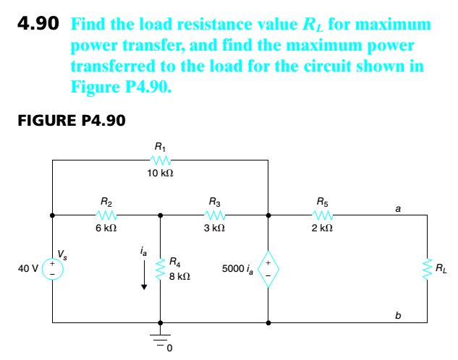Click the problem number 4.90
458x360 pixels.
click(x=38, y=24)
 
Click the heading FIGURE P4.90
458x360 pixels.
click(x=71, y=121)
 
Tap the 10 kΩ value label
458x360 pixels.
click(x=159, y=174)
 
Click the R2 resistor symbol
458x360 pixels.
click(x=106, y=215)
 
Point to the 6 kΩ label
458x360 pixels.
click(x=106, y=228)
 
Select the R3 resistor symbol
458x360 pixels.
click(x=215, y=215)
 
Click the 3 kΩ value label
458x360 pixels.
click(x=215, y=228)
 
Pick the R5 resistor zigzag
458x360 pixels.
click(x=322, y=215)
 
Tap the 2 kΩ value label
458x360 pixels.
click(x=322, y=228)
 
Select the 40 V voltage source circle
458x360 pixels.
click(x=52, y=268)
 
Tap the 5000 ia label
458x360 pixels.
click(x=238, y=269)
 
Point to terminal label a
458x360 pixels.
click(x=397, y=207)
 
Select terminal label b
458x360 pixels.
click(x=397, y=314)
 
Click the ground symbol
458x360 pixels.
click(x=160, y=337)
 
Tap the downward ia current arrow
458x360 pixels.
click(x=144, y=275)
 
